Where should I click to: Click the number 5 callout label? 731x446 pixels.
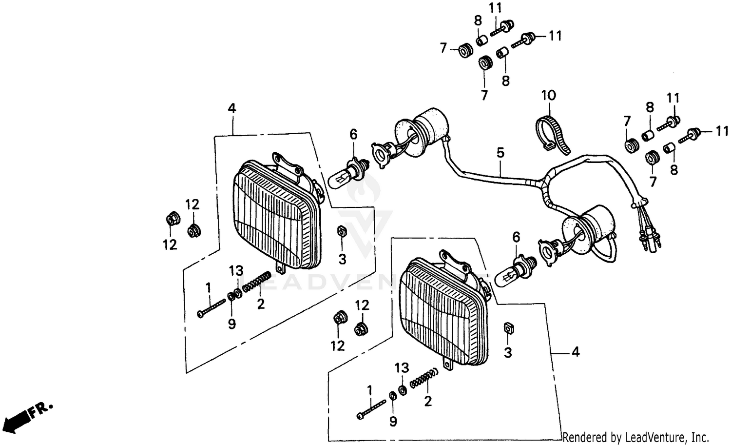500,153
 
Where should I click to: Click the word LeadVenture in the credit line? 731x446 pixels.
638,437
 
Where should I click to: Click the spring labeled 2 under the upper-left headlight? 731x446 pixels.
256,283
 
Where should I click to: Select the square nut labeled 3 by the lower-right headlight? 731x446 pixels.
507,328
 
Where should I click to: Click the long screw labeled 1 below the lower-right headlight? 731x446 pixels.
373,407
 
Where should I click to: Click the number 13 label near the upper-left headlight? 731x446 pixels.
236,270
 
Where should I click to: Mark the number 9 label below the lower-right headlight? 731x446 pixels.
393,421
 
